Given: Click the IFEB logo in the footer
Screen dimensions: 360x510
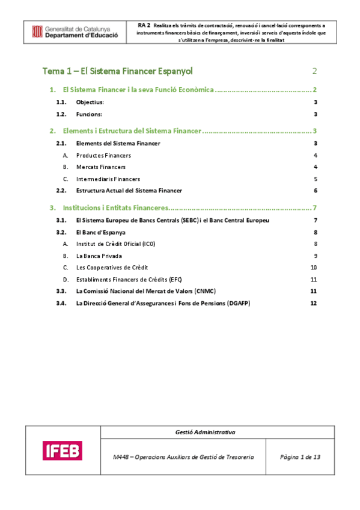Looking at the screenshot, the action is click(63, 450).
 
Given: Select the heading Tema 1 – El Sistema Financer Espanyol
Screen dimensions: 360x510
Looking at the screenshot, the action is click(118, 71).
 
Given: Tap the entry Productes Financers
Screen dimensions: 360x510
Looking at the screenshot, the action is click(103, 156).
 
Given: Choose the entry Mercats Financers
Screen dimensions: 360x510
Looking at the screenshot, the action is click(101, 167).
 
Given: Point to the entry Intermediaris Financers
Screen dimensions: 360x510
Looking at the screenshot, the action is click(108, 179).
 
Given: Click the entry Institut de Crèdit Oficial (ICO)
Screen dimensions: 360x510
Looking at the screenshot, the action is click(115, 244).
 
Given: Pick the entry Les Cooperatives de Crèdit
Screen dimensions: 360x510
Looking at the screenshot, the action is click(112, 267).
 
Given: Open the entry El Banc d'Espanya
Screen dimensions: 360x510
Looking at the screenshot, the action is click(100, 232).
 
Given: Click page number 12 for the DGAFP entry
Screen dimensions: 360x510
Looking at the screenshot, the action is click(313, 303).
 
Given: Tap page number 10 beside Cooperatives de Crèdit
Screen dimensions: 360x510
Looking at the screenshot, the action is click(313, 267).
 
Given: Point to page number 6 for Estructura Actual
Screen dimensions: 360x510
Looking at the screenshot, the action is click(315, 191).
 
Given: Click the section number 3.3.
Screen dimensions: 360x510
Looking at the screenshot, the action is click(61, 291).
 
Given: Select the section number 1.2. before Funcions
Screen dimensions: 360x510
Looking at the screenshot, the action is click(61, 114).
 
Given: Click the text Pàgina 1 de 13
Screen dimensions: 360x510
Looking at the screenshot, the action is click(300, 457).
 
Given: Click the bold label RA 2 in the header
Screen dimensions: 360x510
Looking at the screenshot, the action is click(144, 26).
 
